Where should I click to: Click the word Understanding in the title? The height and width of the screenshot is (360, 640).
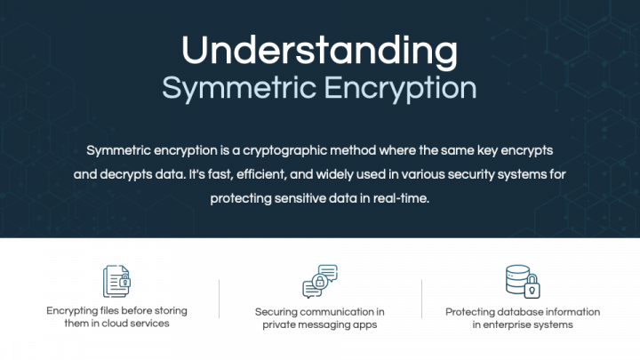(x=319, y=51)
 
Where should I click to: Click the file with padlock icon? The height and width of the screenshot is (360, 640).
(x=116, y=280)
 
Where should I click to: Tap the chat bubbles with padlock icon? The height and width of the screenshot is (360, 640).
(x=320, y=281)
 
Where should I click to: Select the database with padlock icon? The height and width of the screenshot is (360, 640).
(x=523, y=280)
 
